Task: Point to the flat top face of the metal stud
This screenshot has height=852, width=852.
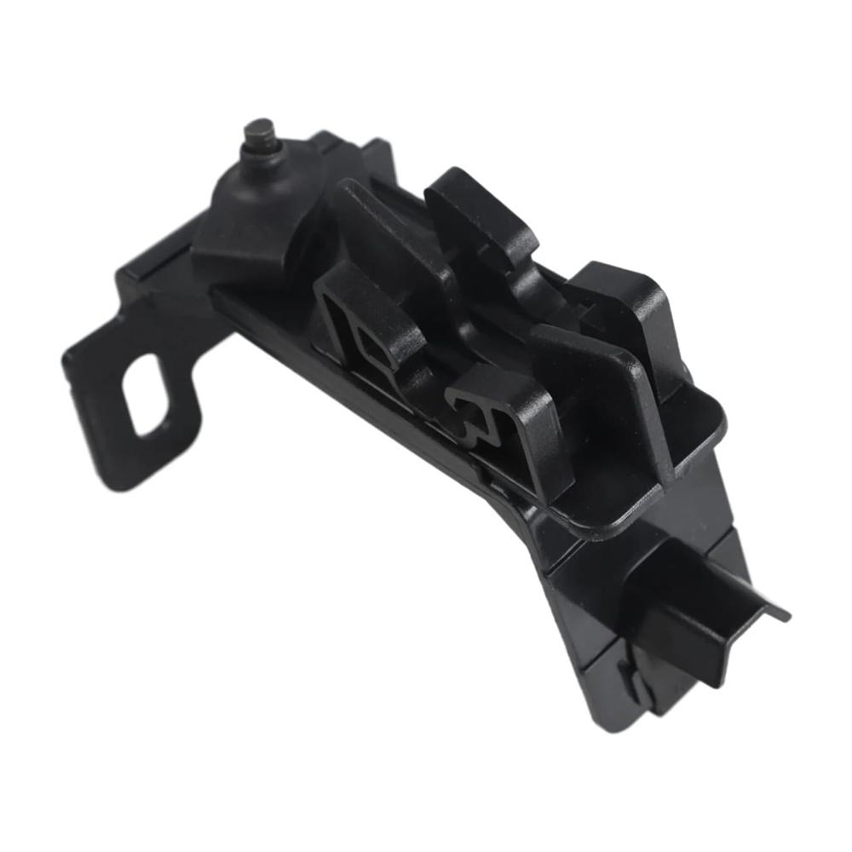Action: pyautogui.click(x=258, y=127)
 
